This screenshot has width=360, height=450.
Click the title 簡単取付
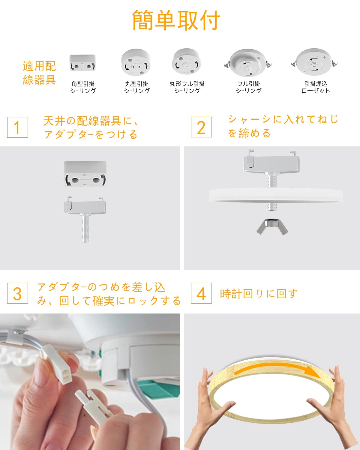[x=176, y=20]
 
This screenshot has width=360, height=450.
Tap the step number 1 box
[x=17, y=127]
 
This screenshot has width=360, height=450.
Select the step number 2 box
[x=201, y=127]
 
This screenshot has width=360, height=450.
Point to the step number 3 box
[x=17, y=293]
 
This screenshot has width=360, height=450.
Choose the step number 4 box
[x=201, y=293]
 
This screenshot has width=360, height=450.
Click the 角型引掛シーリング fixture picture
[x=82, y=63]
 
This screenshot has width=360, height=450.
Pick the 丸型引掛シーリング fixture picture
[x=136, y=62]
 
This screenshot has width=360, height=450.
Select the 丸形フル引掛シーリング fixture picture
[x=187, y=61]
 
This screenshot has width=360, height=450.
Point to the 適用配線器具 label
[x=39, y=73]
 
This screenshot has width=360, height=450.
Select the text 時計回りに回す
[x=259, y=293]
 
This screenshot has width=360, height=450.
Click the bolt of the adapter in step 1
[x=85, y=228]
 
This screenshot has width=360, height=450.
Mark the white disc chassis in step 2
[x=276, y=195]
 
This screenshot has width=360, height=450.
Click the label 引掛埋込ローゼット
[x=316, y=87]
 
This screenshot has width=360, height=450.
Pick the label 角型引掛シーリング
[x=83, y=87]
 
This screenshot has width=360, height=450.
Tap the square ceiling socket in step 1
[x=85, y=174]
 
